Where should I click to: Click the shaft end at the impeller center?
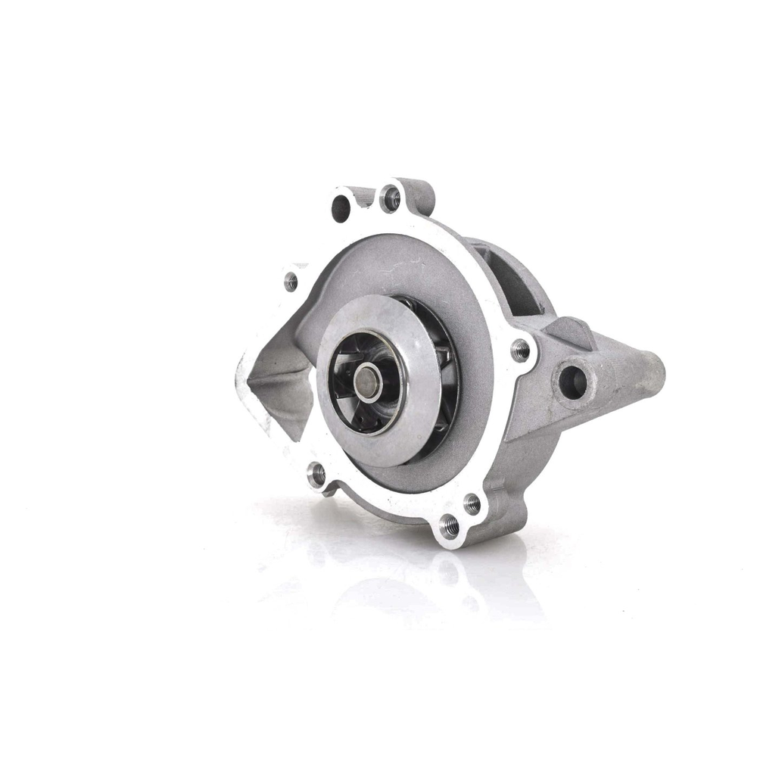[x=367, y=382]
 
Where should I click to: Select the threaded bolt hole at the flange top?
[x=391, y=198]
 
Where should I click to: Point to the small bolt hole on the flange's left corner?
[x=291, y=282]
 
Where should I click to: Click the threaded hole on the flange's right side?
[x=520, y=350]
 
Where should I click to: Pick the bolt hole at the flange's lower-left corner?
[x=317, y=475]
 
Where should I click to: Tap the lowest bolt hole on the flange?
[x=449, y=524]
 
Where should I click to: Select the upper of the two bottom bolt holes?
[x=472, y=503]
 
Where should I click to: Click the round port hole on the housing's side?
[x=572, y=382]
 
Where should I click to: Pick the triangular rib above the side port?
[x=572, y=332]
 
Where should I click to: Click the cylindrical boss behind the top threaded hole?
[x=420, y=195]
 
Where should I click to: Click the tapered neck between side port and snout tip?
[x=617, y=378]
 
